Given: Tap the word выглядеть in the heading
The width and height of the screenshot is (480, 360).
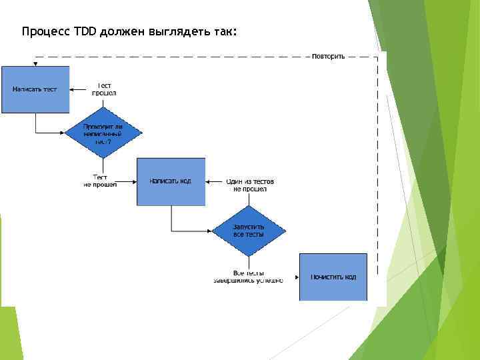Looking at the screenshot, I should (x=168, y=31).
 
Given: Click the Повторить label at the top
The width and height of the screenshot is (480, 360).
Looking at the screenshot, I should (x=328, y=57).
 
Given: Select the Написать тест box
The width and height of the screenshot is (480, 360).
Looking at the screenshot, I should (x=35, y=89).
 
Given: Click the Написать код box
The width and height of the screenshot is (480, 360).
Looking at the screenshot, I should (x=171, y=181).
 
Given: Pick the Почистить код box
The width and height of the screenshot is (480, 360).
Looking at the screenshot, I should (x=333, y=277).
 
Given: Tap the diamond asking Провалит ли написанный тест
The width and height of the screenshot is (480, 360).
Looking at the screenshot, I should (x=103, y=133).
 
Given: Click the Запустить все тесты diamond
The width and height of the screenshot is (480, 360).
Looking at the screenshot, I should (x=249, y=231).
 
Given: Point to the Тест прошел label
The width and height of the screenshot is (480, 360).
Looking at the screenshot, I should (x=104, y=89).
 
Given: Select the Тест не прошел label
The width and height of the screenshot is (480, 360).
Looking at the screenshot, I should (x=100, y=181).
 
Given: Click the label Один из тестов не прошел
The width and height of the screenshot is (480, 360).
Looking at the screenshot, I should (x=250, y=185).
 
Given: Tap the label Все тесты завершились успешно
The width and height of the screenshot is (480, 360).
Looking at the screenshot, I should (x=248, y=277).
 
